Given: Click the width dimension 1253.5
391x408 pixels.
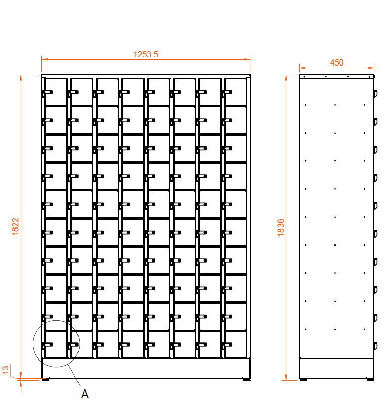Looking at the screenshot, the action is (x=146, y=54).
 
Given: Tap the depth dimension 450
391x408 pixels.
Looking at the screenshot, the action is (x=337, y=63).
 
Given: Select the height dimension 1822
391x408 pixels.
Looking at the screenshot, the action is (x=15, y=226).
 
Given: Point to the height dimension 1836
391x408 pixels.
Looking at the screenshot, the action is (x=280, y=227).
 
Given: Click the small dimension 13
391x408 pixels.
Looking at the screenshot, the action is (x=6, y=370).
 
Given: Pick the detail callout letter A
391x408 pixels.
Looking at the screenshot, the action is (x=85, y=394).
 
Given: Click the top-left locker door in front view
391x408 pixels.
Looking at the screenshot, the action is (x=56, y=92).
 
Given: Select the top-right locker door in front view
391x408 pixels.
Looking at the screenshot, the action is (x=236, y=92).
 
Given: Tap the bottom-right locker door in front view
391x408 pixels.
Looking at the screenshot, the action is (x=236, y=345).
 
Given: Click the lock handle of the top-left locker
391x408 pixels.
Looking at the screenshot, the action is (x=48, y=92).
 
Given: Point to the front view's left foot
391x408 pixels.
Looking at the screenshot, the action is (x=45, y=380).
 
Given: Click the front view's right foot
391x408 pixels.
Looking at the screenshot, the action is (x=247, y=380).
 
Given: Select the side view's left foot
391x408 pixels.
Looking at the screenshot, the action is (x=303, y=380).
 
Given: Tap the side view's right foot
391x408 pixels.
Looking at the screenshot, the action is (x=370, y=380).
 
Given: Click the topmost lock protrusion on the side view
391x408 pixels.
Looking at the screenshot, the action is (x=376, y=94).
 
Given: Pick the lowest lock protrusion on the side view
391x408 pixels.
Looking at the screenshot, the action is (x=376, y=346).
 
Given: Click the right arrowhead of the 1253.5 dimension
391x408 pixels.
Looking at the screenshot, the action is (x=248, y=59).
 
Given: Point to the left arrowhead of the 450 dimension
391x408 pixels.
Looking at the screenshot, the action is (x=302, y=68).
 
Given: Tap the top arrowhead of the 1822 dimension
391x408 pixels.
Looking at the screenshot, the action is (x=21, y=78).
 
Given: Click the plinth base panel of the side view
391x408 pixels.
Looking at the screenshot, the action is (x=337, y=368).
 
